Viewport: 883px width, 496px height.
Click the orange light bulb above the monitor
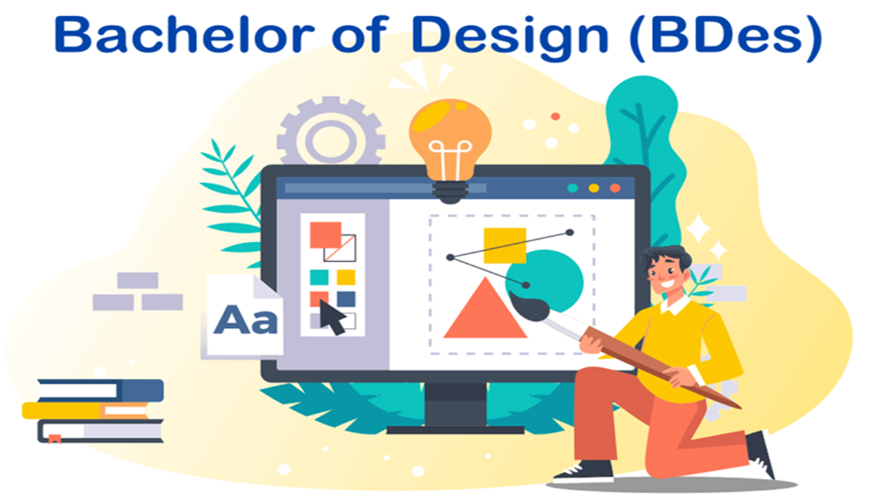tap(450, 134)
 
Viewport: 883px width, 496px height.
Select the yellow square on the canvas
tap(504, 245)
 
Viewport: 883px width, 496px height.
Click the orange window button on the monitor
tap(615, 188)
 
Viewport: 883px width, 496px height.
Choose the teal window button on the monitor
tap(572, 188)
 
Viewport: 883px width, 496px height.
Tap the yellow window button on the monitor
tap(593, 188)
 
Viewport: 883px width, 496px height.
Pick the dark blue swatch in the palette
tap(346, 299)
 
